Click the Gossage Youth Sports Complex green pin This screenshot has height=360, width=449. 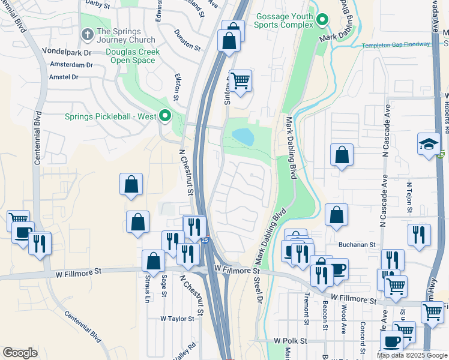click(323, 20)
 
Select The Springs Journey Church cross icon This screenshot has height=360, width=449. click(87, 34)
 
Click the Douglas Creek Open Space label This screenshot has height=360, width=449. click(133, 56)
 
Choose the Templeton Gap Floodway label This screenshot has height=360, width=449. click(396, 45)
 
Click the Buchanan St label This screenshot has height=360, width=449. click(356, 245)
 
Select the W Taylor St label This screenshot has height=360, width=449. click(178, 319)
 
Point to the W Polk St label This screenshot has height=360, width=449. click(290, 340)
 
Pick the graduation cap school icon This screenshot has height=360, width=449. click(429, 144)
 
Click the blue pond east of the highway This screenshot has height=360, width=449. click(243, 137)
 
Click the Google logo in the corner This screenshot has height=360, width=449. click(20, 353)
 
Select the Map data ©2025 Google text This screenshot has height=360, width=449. click(412, 355)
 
